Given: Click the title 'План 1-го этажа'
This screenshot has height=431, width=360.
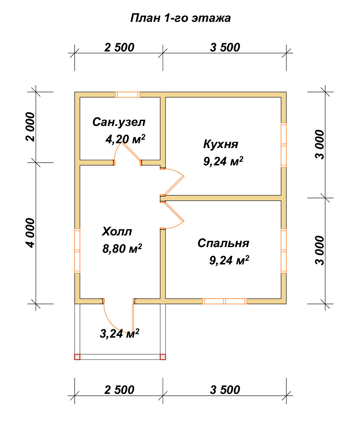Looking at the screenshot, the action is coord(180,18).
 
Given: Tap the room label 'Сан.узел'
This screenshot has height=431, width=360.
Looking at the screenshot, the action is coord(119,122).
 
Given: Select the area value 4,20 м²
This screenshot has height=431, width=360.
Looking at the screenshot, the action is coord(125,139).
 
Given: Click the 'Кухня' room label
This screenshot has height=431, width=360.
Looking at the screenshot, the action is coord(220,144).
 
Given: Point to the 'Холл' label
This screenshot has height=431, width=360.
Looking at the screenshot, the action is coord(117,231).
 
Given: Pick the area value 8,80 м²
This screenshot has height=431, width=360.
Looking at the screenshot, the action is coord(122,248).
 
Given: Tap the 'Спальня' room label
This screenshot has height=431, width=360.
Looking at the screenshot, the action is coord(223,243).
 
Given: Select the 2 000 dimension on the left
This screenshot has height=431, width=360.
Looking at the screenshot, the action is coord(30,127).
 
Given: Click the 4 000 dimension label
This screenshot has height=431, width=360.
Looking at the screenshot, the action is coord(30,233).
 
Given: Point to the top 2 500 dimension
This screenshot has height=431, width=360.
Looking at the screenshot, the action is coord(119,48).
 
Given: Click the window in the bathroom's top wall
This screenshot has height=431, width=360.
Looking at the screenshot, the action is coord(128,95).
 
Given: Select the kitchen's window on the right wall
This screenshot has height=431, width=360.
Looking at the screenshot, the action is coord(284,145).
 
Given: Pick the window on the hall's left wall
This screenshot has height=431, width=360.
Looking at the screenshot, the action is coord(77,251).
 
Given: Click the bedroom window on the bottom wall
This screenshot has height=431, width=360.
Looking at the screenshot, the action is coord(225,301).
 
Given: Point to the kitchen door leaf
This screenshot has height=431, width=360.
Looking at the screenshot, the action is coord(174,185).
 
